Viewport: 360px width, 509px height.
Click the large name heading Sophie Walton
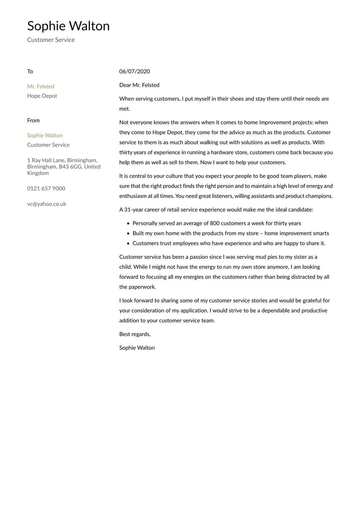point(68,26)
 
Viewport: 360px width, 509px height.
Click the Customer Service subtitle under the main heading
point(51,40)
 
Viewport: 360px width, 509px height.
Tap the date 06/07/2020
point(134,72)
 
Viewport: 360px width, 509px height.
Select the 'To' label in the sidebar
point(30,72)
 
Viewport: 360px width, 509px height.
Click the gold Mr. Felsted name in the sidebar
point(41,87)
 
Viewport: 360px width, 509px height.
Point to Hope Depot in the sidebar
point(42,96)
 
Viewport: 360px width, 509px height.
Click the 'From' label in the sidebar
point(33,120)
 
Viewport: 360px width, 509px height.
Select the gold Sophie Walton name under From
point(45,136)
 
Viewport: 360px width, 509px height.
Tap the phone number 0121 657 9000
point(46,189)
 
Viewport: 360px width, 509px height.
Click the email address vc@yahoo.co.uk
point(46,204)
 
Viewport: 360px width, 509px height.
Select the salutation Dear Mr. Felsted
point(139,85)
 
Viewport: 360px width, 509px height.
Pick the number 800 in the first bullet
point(215,223)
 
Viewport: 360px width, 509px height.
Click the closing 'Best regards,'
point(135,334)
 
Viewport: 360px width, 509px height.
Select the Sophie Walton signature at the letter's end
point(137,348)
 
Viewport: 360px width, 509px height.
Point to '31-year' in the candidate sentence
point(133,210)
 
